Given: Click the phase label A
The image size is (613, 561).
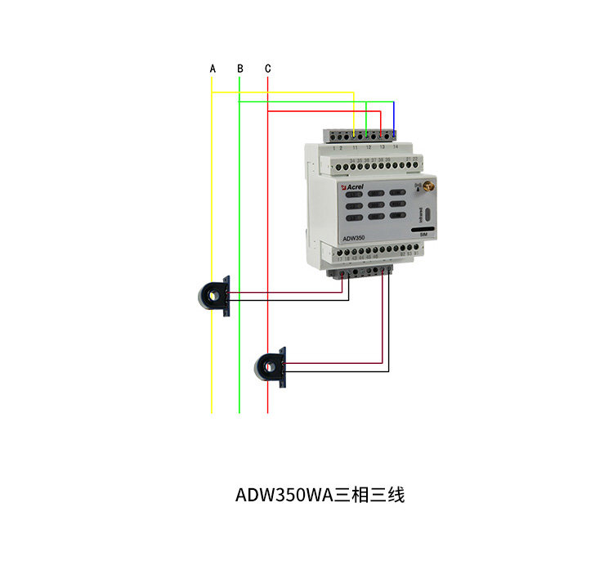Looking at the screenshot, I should point(213,69).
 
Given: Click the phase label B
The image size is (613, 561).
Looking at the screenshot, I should point(239,69).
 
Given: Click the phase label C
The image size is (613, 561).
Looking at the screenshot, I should point(268,69).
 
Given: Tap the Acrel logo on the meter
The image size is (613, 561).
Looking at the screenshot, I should point(352,187).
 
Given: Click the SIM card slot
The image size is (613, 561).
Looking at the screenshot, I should point(423,230).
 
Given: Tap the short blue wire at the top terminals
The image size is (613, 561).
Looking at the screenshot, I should point(394,114).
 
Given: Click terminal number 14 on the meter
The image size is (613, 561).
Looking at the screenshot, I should point(396,146).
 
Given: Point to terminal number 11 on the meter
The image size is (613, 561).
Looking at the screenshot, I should point(355,146).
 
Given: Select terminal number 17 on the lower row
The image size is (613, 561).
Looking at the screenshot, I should point(340,258).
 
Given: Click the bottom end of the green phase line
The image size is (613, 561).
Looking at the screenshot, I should point(239,411).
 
